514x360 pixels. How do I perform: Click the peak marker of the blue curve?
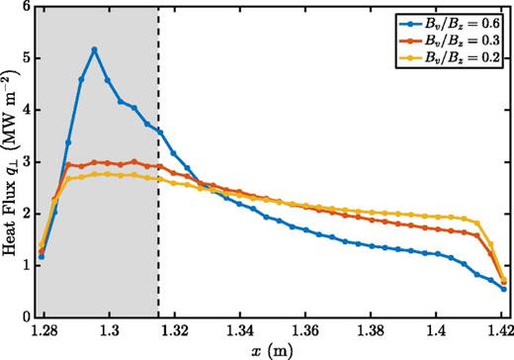pyautogui.click(x=95, y=49)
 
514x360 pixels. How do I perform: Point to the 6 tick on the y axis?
pyautogui.click(x=28, y=8)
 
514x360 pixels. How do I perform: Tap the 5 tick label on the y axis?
pyautogui.click(x=28, y=59)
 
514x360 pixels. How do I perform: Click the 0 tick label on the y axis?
pyautogui.click(x=28, y=317)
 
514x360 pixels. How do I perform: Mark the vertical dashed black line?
pyautogui.click(x=158, y=198)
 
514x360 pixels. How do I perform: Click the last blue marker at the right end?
pyautogui.click(x=503, y=289)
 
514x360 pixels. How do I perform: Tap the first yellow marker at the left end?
pyautogui.click(x=42, y=245)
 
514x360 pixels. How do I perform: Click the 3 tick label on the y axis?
pyautogui.click(x=28, y=163)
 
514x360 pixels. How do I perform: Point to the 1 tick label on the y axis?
pyautogui.click(x=28, y=266)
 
